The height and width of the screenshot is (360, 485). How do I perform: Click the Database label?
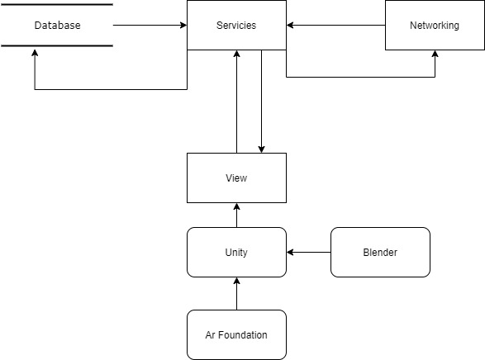[x=57, y=26]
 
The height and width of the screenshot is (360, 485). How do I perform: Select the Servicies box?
[x=236, y=26]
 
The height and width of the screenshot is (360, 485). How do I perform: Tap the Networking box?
[x=435, y=26]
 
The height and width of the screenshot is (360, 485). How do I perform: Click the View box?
[x=236, y=178]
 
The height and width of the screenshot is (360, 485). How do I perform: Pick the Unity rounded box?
[x=236, y=252]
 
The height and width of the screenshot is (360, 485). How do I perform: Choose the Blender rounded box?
[x=380, y=252]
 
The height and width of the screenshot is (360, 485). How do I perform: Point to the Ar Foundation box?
[x=236, y=334]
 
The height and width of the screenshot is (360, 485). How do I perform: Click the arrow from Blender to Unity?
[x=309, y=252]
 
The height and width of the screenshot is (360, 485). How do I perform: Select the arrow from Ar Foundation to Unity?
[x=236, y=294]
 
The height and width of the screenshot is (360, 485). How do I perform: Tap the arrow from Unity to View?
[x=236, y=216]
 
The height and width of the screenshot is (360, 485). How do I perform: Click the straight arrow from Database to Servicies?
[x=149, y=26]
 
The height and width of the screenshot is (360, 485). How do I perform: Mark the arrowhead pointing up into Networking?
[x=435, y=54]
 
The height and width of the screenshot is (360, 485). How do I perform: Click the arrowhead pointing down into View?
[x=261, y=149]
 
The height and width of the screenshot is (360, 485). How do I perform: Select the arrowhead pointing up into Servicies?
[x=236, y=54]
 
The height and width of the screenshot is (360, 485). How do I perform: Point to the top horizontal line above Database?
[x=57, y=5]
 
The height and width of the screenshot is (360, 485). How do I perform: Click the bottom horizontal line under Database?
[x=57, y=46]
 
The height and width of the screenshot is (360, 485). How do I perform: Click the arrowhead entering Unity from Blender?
[x=291, y=252]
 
